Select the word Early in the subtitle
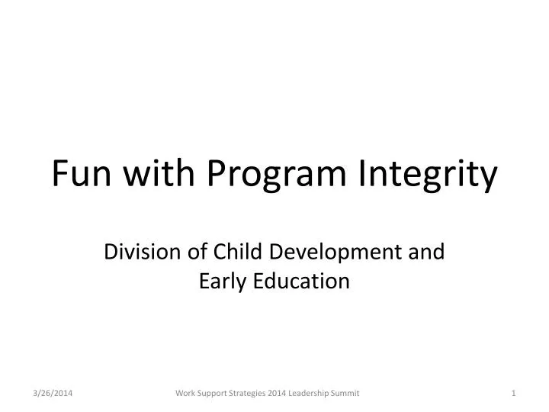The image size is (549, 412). tap(220, 282)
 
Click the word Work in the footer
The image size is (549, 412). tap(185, 392)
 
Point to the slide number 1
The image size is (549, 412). tap(515, 392)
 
